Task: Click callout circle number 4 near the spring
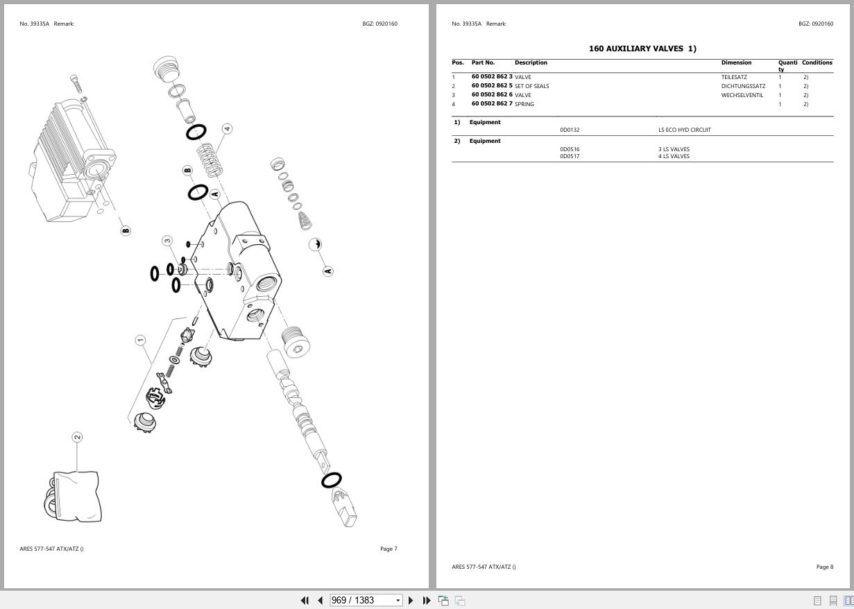click(227, 129)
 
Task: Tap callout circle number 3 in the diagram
click(167, 241)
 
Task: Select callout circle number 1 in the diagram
click(140, 340)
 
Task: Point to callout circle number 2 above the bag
click(77, 437)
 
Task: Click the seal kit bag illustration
click(75, 496)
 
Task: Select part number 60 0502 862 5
click(492, 86)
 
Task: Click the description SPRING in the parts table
click(524, 104)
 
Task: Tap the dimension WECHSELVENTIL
click(742, 95)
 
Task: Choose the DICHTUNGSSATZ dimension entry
click(743, 86)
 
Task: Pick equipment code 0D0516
click(570, 149)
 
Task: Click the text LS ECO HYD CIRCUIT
click(684, 130)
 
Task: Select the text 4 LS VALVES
click(674, 156)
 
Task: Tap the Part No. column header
click(483, 62)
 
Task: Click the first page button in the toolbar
click(305, 600)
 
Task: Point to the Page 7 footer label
click(388, 549)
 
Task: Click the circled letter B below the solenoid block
click(126, 230)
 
